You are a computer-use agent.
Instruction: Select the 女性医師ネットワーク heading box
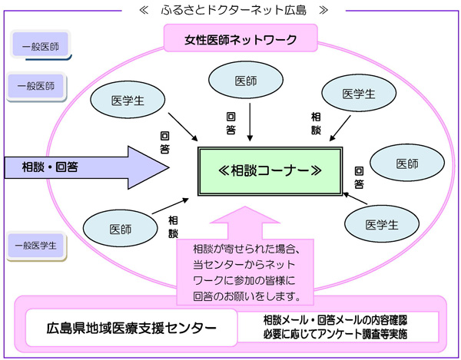pos(230,38)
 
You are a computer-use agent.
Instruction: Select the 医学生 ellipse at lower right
pos(381,225)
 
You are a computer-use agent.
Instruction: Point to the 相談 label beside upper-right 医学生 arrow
pos(316,123)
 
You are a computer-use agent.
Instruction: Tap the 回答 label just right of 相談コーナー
pos(359,177)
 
